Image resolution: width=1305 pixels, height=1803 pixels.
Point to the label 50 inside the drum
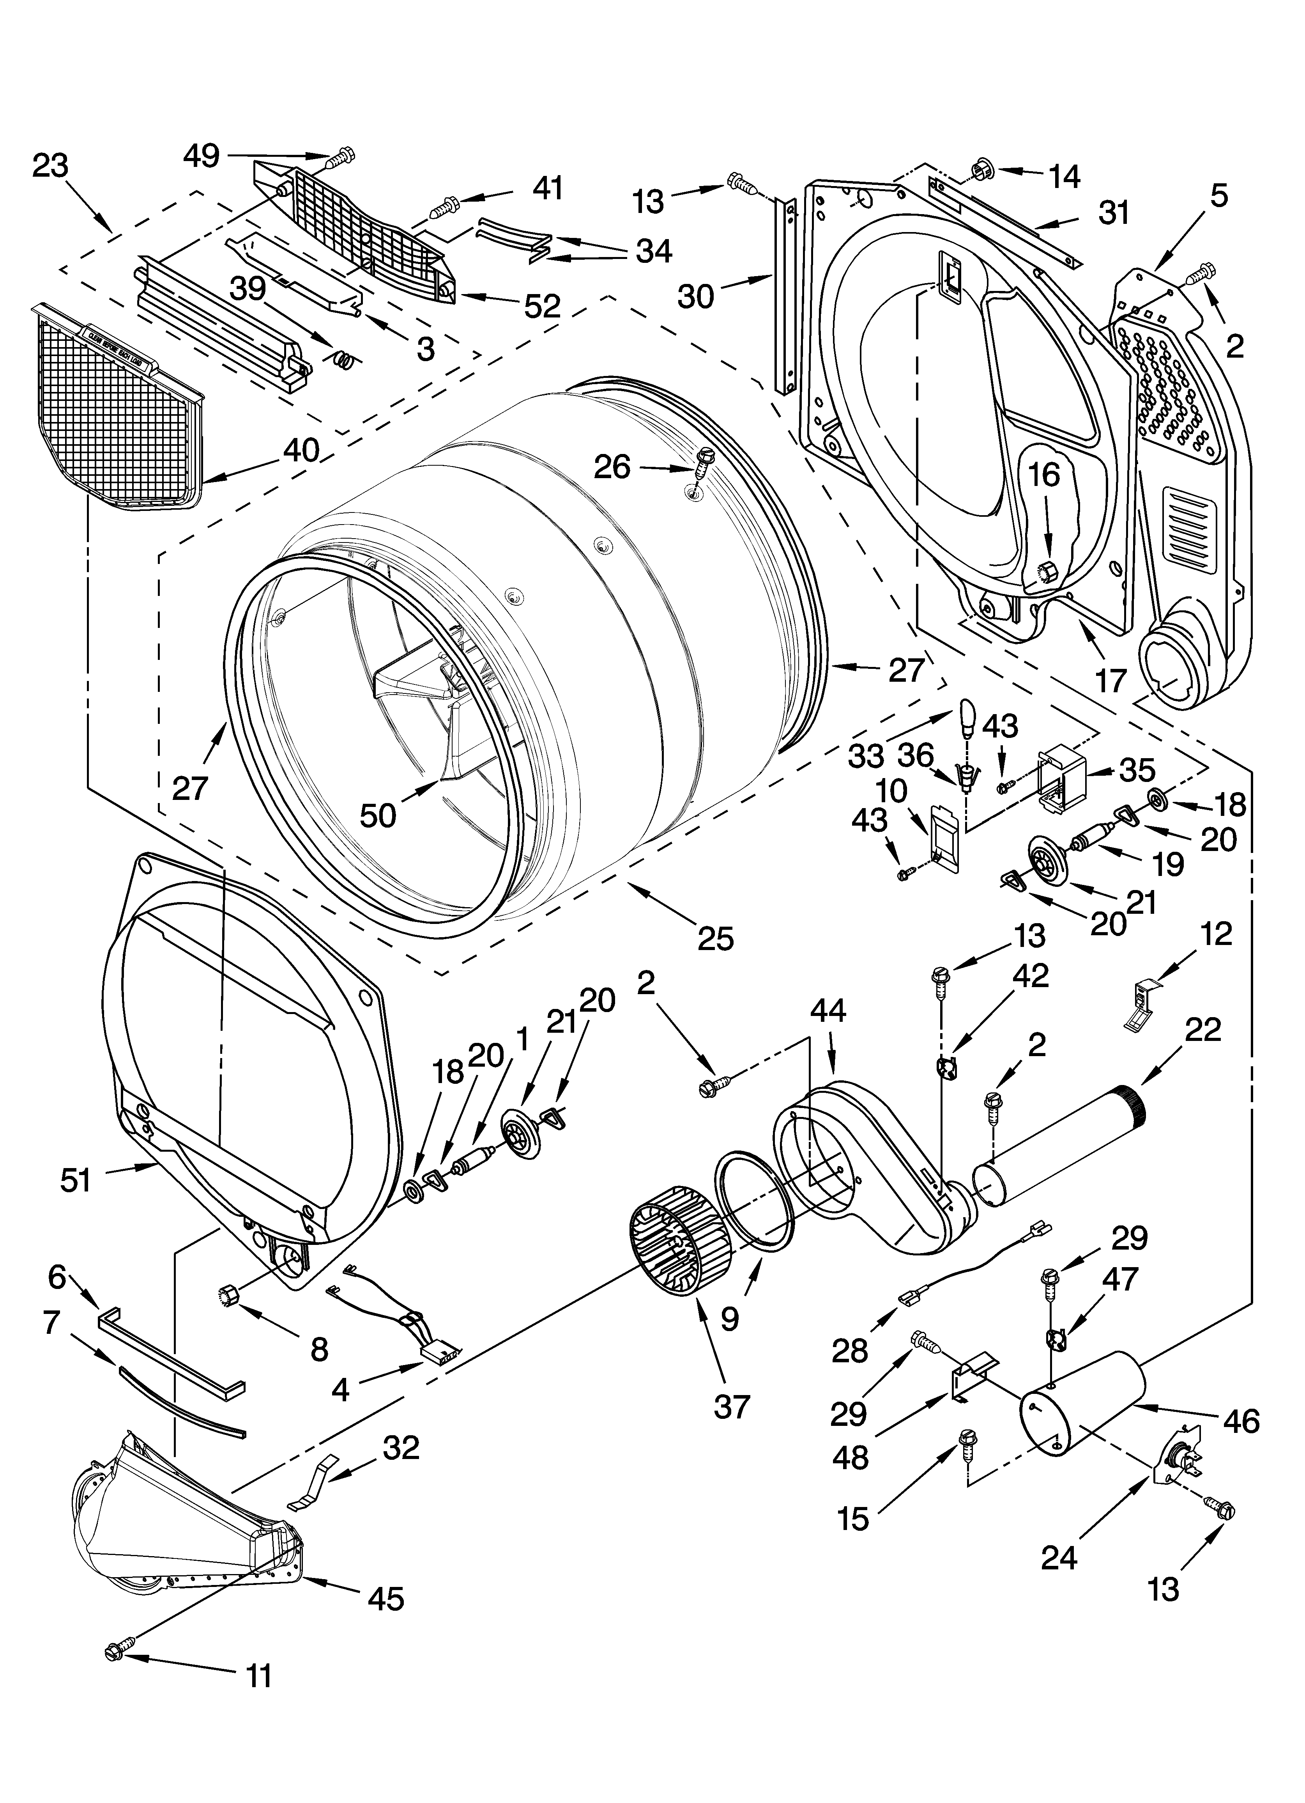(x=378, y=815)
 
